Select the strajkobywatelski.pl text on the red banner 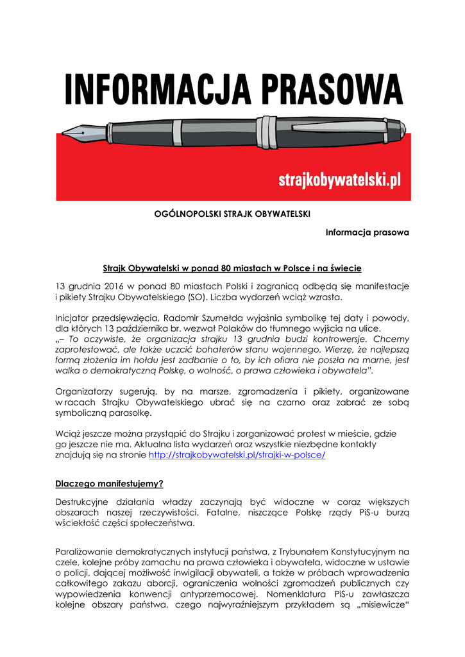[x=339, y=180]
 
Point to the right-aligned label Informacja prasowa [x=367, y=232]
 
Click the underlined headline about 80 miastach [x=232, y=267]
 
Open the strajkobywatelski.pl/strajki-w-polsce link [x=237, y=454]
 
